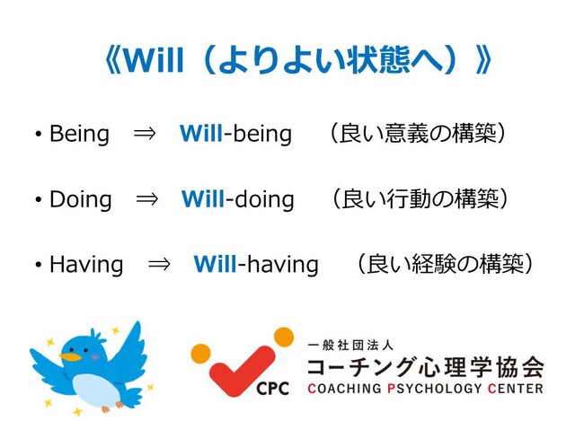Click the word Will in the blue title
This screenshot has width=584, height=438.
(154, 60)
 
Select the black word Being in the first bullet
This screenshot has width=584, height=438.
(79, 134)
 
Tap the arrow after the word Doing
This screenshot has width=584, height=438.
(147, 199)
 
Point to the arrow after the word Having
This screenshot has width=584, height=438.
(159, 265)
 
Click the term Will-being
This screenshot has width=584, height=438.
(235, 134)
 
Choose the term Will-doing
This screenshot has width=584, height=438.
(237, 199)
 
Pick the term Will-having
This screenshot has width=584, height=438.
(256, 264)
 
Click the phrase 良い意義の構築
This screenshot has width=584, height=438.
(419, 134)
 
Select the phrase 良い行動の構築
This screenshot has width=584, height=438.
(420, 199)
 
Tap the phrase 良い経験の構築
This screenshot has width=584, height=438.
(446, 264)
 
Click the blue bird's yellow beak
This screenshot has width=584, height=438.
(70, 357)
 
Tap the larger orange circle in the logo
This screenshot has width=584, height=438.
(284, 337)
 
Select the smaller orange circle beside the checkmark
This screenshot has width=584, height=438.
(200, 354)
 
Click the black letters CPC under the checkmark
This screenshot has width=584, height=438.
(272, 389)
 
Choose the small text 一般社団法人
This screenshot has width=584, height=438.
(350, 346)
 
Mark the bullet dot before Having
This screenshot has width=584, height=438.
(39, 265)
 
